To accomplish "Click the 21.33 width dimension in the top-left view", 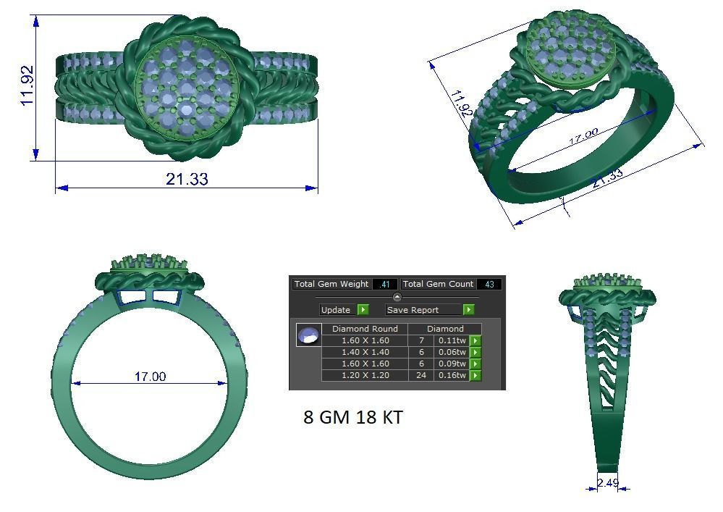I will pyautogui.click(x=187, y=178).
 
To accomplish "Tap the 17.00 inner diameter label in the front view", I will pyautogui.click(x=150, y=377).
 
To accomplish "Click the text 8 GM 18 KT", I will pyautogui.click(x=352, y=418).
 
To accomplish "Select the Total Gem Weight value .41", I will pyautogui.click(x=384, y=285).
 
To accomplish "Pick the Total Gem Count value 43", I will pyautogui.click(x=489, y=285).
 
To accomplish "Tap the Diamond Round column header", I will pyautogui.click(x=365, y=329).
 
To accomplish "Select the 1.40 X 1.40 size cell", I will pyautogui.click(x=365, y=352).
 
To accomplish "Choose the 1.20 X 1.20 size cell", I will pyautogui.click(x=365, y=375).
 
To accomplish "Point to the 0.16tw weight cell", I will pyautogui.click(x=452, y=375).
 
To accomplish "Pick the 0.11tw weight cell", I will pyautogui.click(x=452, y=340).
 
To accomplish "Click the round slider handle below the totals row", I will pyautogui.click(x=397, y=297).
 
